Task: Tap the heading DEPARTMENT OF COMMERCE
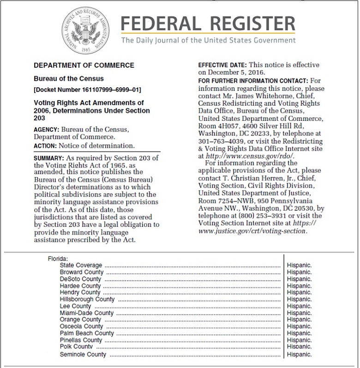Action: pyautogui.click(x=84, y=65)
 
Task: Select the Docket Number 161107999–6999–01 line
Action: pyautogui.click(x=87, y=89)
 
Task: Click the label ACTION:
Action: pyautogui.click(x=45, y=146)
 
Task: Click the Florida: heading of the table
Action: pyautogui.click(x=58, y=259)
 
